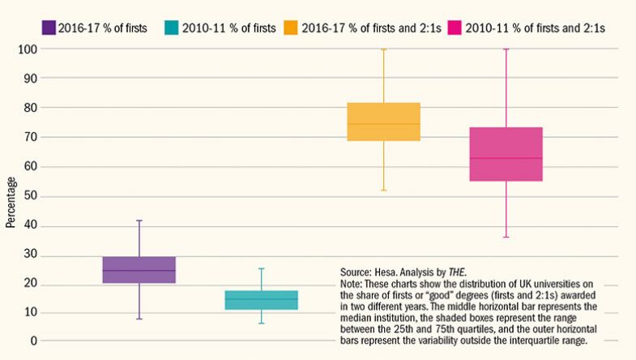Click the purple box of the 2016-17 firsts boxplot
[139, 269]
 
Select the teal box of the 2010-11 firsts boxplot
[262, 300]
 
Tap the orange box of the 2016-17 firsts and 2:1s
[384, 122]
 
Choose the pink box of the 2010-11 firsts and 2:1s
[506, 154]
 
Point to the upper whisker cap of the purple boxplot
[139, 221]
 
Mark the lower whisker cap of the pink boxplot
[506, 237]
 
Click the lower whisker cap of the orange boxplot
[384, 191]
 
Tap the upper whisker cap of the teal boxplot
[262, 268]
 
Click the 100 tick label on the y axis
[28, 49]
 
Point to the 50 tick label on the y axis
[31, 196]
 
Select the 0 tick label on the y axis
[34, 342]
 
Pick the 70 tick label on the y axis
[31, 137]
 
